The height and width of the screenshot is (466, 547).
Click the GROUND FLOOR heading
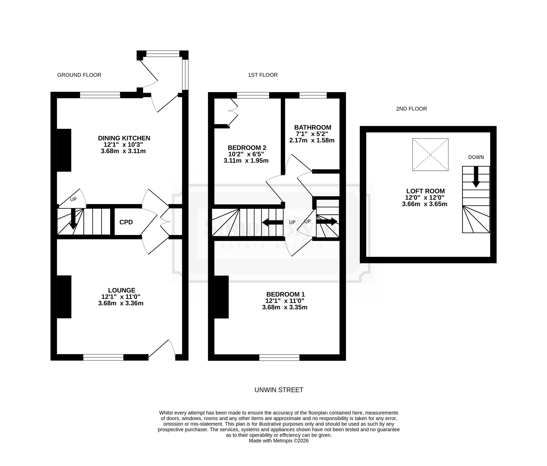coord(79,75)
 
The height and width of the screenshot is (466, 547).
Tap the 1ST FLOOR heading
coord(263,75)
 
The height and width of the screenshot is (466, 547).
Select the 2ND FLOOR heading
coord(411,109)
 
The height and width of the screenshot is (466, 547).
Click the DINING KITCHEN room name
coord(124,138)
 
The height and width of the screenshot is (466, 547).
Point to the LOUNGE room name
coord(121,290)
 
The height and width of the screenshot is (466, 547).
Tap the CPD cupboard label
coord(126,222)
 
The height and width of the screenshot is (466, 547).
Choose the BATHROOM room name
coord(313,127)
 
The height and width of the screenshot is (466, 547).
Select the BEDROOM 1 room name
coord(286,294)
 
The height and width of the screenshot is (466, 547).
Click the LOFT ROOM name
coord(425,191)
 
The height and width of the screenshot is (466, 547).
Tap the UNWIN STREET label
coord(279,390)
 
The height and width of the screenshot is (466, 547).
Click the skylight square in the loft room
coord(430,155)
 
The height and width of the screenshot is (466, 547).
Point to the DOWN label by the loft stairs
coord(476,157)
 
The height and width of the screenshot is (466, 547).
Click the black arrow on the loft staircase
coord(476,177)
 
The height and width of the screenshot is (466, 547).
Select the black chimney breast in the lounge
coord(64,297)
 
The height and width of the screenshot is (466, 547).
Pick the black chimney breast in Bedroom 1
coord(221,297)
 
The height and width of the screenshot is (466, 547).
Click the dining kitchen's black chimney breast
coord(64,150)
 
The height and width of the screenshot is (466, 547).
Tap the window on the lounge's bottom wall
coord(103,357)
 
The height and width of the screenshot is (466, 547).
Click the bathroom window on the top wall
coord(313,95)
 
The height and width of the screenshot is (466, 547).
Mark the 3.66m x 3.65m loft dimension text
coord(424,204)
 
